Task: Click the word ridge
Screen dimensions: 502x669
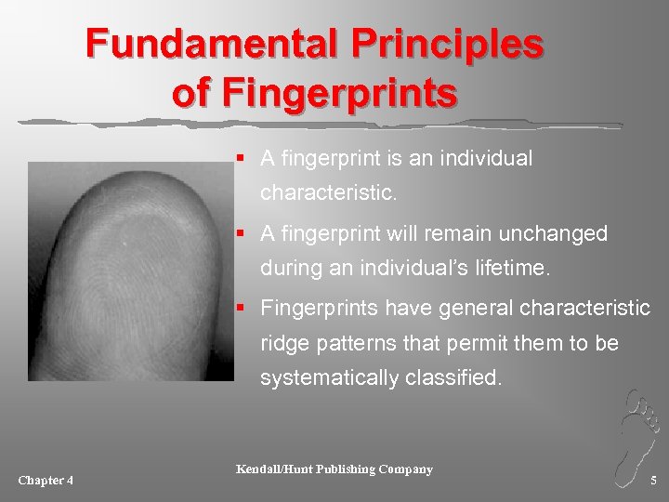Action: [x=283, y=343]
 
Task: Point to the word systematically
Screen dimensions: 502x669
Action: [x=331, y=379]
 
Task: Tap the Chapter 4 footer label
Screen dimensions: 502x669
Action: [x=46, y=480]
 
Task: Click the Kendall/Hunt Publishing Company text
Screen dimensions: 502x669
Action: [x=334, y=469]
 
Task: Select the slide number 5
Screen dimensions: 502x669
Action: [x=653, y=480]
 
